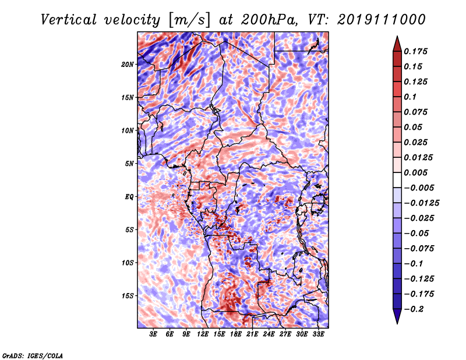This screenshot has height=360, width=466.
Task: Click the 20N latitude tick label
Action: (128, 65)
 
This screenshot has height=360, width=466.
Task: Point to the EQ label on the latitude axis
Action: (129, 197)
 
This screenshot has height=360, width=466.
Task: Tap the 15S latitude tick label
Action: (128, 296)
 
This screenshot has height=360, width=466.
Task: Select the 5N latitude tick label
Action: (129, 164)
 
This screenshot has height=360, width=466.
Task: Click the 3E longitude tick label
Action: (153, 334)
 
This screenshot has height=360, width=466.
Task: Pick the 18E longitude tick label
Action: (236, 334)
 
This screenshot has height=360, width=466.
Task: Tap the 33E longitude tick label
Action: (318, 334)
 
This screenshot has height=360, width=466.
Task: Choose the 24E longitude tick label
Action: (269, 334)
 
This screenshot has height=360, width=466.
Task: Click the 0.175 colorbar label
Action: (415, 51)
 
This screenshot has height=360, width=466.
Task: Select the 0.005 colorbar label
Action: (415, 172)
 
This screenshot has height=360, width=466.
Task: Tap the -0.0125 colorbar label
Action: (421, 203)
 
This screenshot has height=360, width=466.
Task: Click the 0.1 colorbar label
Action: (410, 97)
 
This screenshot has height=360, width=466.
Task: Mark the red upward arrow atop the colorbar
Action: (397, 44)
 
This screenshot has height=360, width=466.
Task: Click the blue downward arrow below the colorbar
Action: (397, 316)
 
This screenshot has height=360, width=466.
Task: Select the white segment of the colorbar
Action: (397, 180)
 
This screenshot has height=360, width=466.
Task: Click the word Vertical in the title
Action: (69, 20)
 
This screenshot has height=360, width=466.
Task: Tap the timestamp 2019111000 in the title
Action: (382, 20)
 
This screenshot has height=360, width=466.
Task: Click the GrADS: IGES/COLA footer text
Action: (33, 355)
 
